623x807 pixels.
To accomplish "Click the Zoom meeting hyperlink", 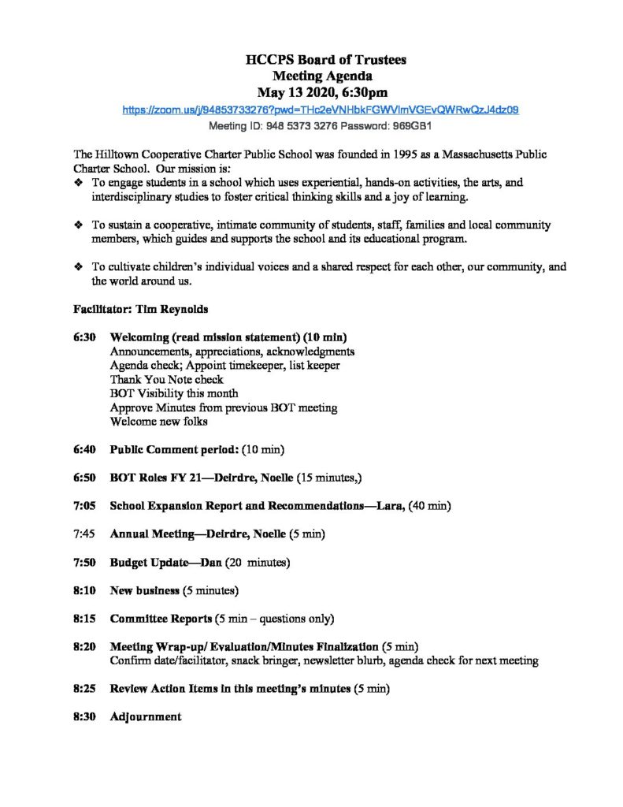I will pos(320,110).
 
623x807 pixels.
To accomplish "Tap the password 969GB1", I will pos(411,126).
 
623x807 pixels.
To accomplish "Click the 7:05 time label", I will pos(84,505).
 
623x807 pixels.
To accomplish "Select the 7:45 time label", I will pos(84,534).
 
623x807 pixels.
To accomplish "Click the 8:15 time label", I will pos(84,618).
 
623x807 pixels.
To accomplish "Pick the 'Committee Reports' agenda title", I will pos(161,618).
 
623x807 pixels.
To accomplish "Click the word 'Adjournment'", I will pos(146,716).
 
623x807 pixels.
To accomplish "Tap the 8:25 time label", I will pos(84,689).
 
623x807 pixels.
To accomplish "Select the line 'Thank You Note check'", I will pos(167,379).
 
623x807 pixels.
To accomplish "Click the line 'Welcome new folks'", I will pos(159,422).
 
